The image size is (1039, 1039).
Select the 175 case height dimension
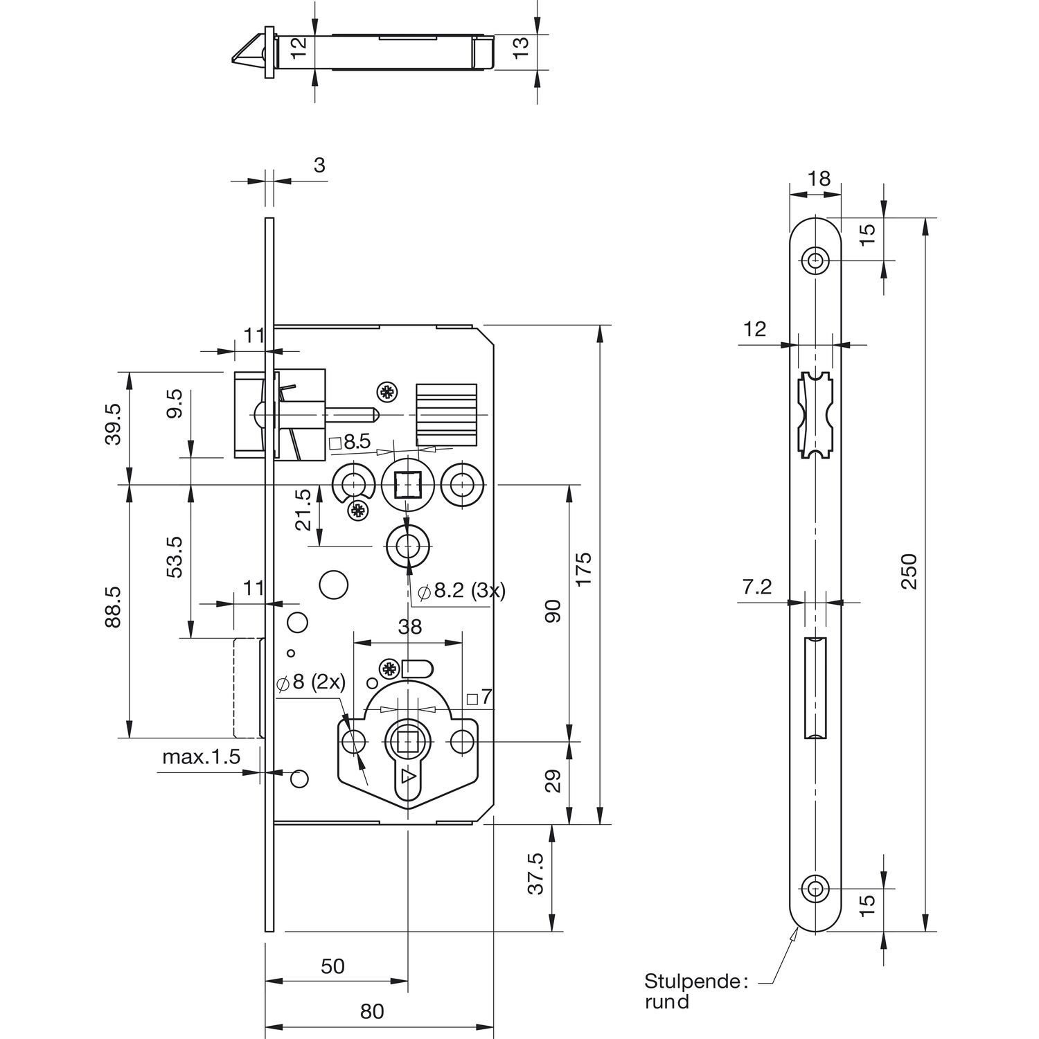[584, 569]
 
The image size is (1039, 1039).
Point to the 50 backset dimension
[333, 966]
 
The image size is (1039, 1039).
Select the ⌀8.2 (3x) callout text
[462, 591]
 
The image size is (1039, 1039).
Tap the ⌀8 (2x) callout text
[310, 682]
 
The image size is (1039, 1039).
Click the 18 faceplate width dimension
[819, 179]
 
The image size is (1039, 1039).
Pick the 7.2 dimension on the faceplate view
[756, 587]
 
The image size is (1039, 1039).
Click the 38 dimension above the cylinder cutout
[409, 627]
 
